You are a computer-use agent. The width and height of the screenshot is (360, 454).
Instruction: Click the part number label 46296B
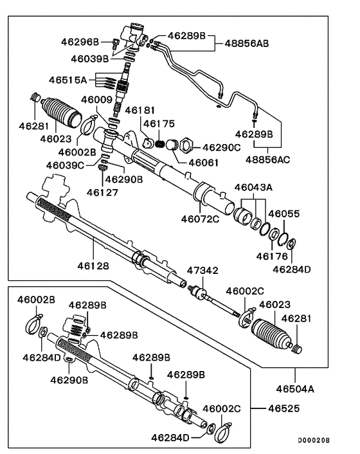80,42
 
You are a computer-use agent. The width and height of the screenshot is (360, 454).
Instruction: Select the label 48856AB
247,44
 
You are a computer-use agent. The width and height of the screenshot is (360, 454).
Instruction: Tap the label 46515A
67,80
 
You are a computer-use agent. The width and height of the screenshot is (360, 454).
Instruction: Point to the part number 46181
139,111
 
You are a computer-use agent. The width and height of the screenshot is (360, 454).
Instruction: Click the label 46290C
221,148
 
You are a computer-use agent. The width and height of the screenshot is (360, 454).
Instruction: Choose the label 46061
203,163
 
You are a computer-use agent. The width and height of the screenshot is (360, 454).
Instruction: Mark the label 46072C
201,219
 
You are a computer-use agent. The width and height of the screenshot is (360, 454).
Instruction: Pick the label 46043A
253,187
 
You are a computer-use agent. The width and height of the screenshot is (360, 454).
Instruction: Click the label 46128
93,266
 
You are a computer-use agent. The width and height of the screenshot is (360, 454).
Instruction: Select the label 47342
203,271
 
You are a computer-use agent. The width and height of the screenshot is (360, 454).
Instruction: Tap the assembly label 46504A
295,388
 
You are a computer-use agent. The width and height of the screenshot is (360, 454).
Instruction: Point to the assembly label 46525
283,408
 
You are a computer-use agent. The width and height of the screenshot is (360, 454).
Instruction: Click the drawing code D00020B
314,440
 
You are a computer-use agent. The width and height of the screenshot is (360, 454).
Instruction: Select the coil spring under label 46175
159,143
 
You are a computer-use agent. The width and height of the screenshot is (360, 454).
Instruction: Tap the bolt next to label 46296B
115,44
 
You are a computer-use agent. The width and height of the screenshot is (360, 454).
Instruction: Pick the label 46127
102,192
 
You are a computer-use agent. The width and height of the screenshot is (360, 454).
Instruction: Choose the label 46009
96,100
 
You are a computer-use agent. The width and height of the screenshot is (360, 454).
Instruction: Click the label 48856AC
267,159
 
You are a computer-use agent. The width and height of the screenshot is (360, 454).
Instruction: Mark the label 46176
272,256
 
